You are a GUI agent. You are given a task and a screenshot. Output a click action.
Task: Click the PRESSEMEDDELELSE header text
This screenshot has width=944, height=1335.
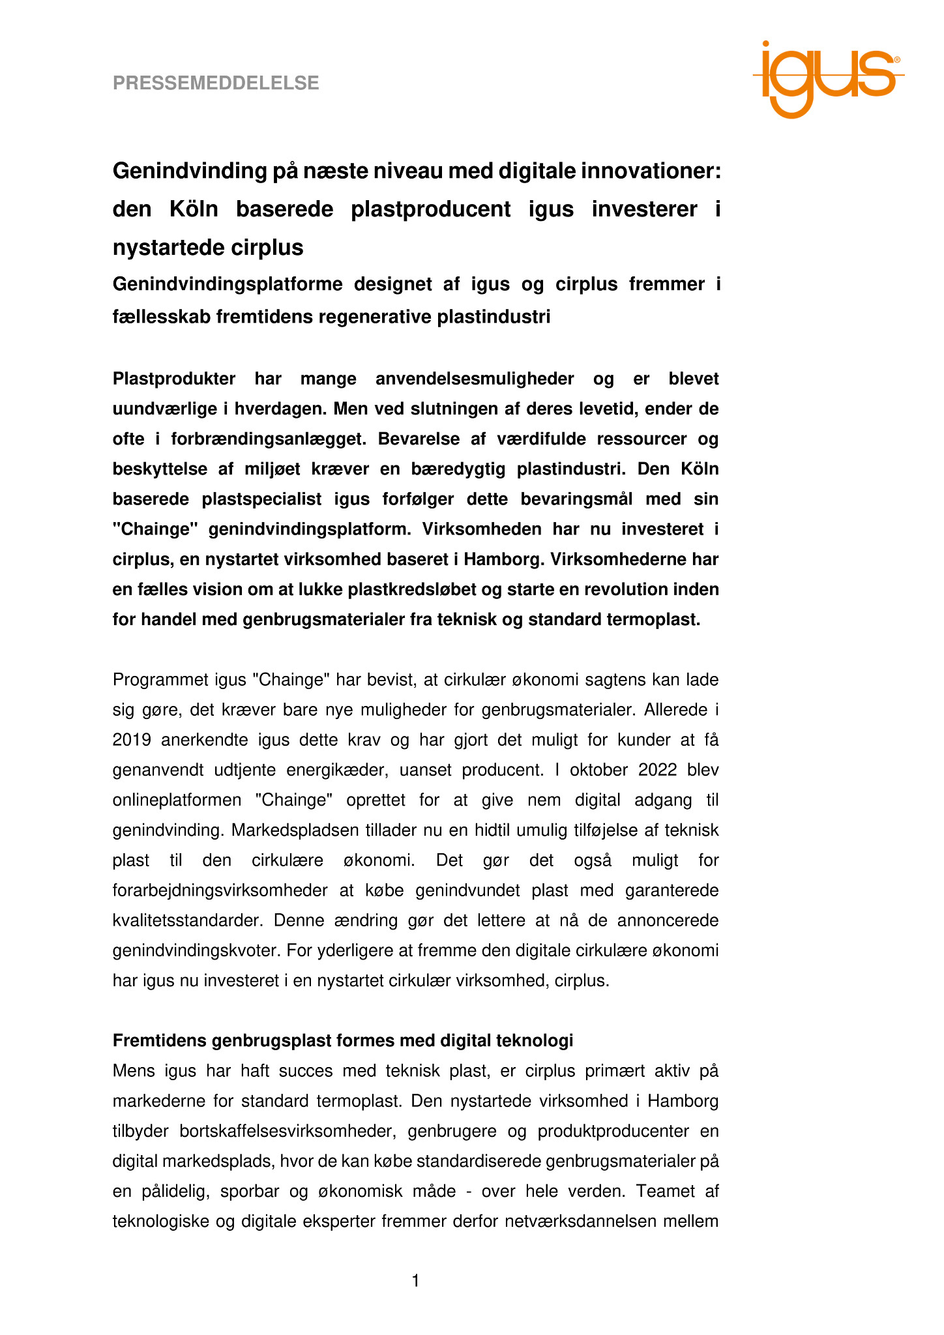tap(216, 83)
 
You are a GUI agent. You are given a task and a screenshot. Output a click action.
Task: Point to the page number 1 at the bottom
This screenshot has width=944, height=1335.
tap(415, 1281)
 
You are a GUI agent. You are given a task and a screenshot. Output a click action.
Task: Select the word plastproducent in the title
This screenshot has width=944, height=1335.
tap(430, 209)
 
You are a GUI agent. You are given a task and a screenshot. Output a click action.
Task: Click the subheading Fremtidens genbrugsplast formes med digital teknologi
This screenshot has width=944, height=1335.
tap(343, 1040)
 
